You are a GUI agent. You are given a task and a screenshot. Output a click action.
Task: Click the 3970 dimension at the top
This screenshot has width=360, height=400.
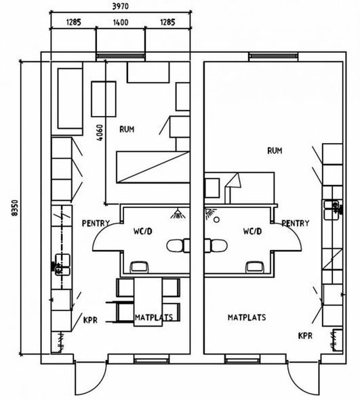click(x=121, y=6)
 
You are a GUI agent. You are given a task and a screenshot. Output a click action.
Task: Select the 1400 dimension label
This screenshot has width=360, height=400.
click(x=121, y=22)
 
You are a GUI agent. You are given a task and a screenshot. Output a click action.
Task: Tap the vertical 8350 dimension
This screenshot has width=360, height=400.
click(x=15, y=208)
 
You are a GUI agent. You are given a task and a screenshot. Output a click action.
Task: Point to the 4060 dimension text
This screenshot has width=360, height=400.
click(x=100, y=133)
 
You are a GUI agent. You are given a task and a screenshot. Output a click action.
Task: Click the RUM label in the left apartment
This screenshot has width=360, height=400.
click(x=127, y=129)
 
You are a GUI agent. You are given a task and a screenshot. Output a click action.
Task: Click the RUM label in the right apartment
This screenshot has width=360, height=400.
click(x=275, y=151)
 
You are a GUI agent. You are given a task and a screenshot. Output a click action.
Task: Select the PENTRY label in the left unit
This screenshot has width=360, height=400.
click(x=96, y=224)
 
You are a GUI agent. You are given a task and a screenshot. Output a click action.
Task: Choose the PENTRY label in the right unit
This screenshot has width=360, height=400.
click(x=295, y=224)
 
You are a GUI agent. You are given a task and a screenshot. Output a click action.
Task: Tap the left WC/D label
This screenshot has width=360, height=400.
click(x=143, y=231)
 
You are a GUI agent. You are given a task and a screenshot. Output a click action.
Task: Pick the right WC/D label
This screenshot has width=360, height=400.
click(x=252, y=231)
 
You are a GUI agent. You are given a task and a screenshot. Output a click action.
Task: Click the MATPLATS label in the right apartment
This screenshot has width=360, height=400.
click(x=247, y=317)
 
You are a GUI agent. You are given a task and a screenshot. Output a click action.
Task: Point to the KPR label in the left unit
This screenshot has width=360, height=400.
click(x=90, y=320)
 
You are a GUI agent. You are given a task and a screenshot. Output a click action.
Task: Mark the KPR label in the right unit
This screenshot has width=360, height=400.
click(x=305, y=336)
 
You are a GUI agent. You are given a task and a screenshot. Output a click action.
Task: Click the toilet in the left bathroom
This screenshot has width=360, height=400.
click(x=178, y=245)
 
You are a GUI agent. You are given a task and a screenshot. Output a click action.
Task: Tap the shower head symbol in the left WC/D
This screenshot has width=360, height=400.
click(x=178, y=214)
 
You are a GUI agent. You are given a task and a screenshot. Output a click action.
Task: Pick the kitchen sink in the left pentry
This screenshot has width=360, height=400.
click(x=61, y=264)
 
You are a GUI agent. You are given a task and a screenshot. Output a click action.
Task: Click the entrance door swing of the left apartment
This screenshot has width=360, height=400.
click(x=91, y=378)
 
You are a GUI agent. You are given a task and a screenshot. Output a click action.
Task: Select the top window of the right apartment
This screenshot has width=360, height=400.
click(x=273, y=56)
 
